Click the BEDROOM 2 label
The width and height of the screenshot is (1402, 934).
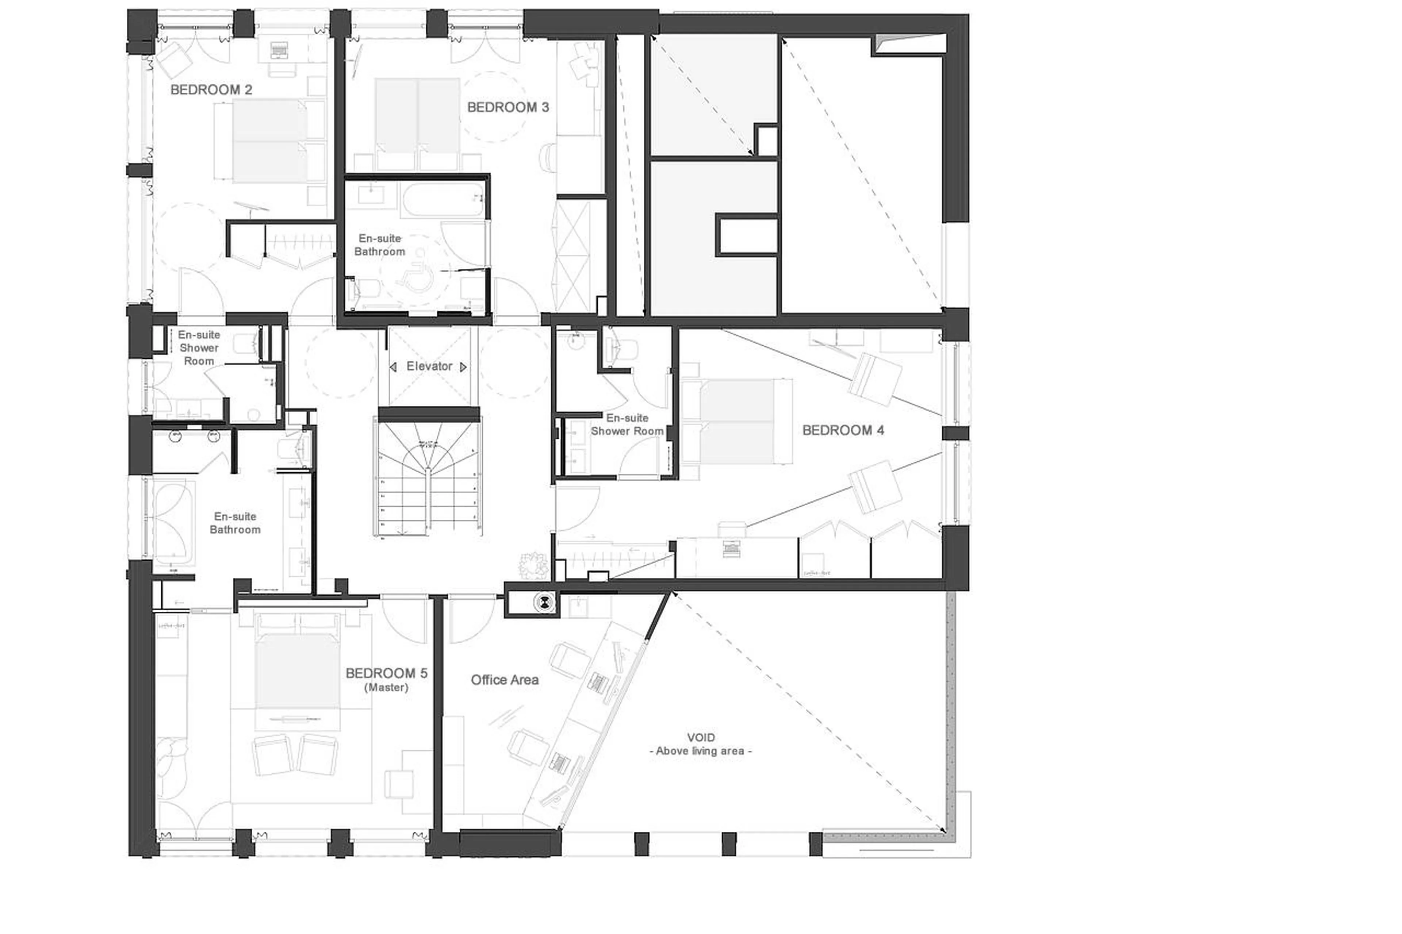coord(211,90)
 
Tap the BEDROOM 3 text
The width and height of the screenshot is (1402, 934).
coord(507,108)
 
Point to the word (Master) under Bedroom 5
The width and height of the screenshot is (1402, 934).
coord(386,688)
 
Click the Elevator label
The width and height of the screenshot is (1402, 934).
coord(429,366)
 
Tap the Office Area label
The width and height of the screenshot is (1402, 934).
coord(504,680)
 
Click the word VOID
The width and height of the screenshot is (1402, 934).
coord(700,737)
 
